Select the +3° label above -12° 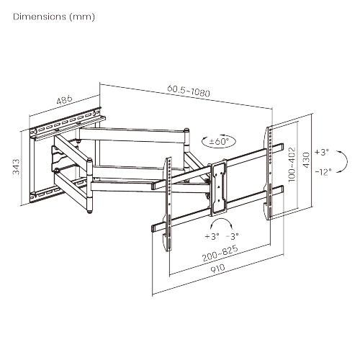[320, 153]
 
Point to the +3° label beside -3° [212, 235]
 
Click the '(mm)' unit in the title [81, 16]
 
